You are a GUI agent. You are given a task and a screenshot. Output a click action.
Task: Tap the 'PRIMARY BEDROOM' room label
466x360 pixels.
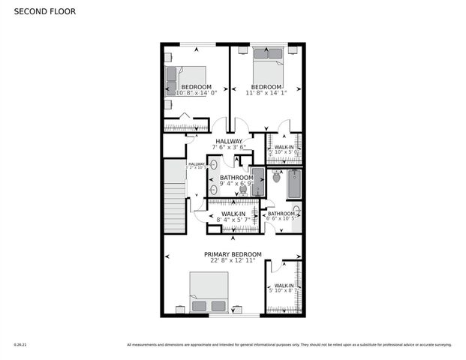pos(233,254)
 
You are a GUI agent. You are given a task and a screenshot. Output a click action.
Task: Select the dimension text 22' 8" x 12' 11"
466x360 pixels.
pos(233,261)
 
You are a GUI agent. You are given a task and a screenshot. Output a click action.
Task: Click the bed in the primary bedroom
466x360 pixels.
pos(209,292)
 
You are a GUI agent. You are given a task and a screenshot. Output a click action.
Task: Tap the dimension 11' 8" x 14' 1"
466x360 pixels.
pos(266,93)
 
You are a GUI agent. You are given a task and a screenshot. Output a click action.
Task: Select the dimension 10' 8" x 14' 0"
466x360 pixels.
pos(197,93)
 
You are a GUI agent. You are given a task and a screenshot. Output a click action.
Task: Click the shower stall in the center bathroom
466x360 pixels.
pos(257,182)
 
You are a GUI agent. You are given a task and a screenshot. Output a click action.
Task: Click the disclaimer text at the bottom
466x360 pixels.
pos(289,345)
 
